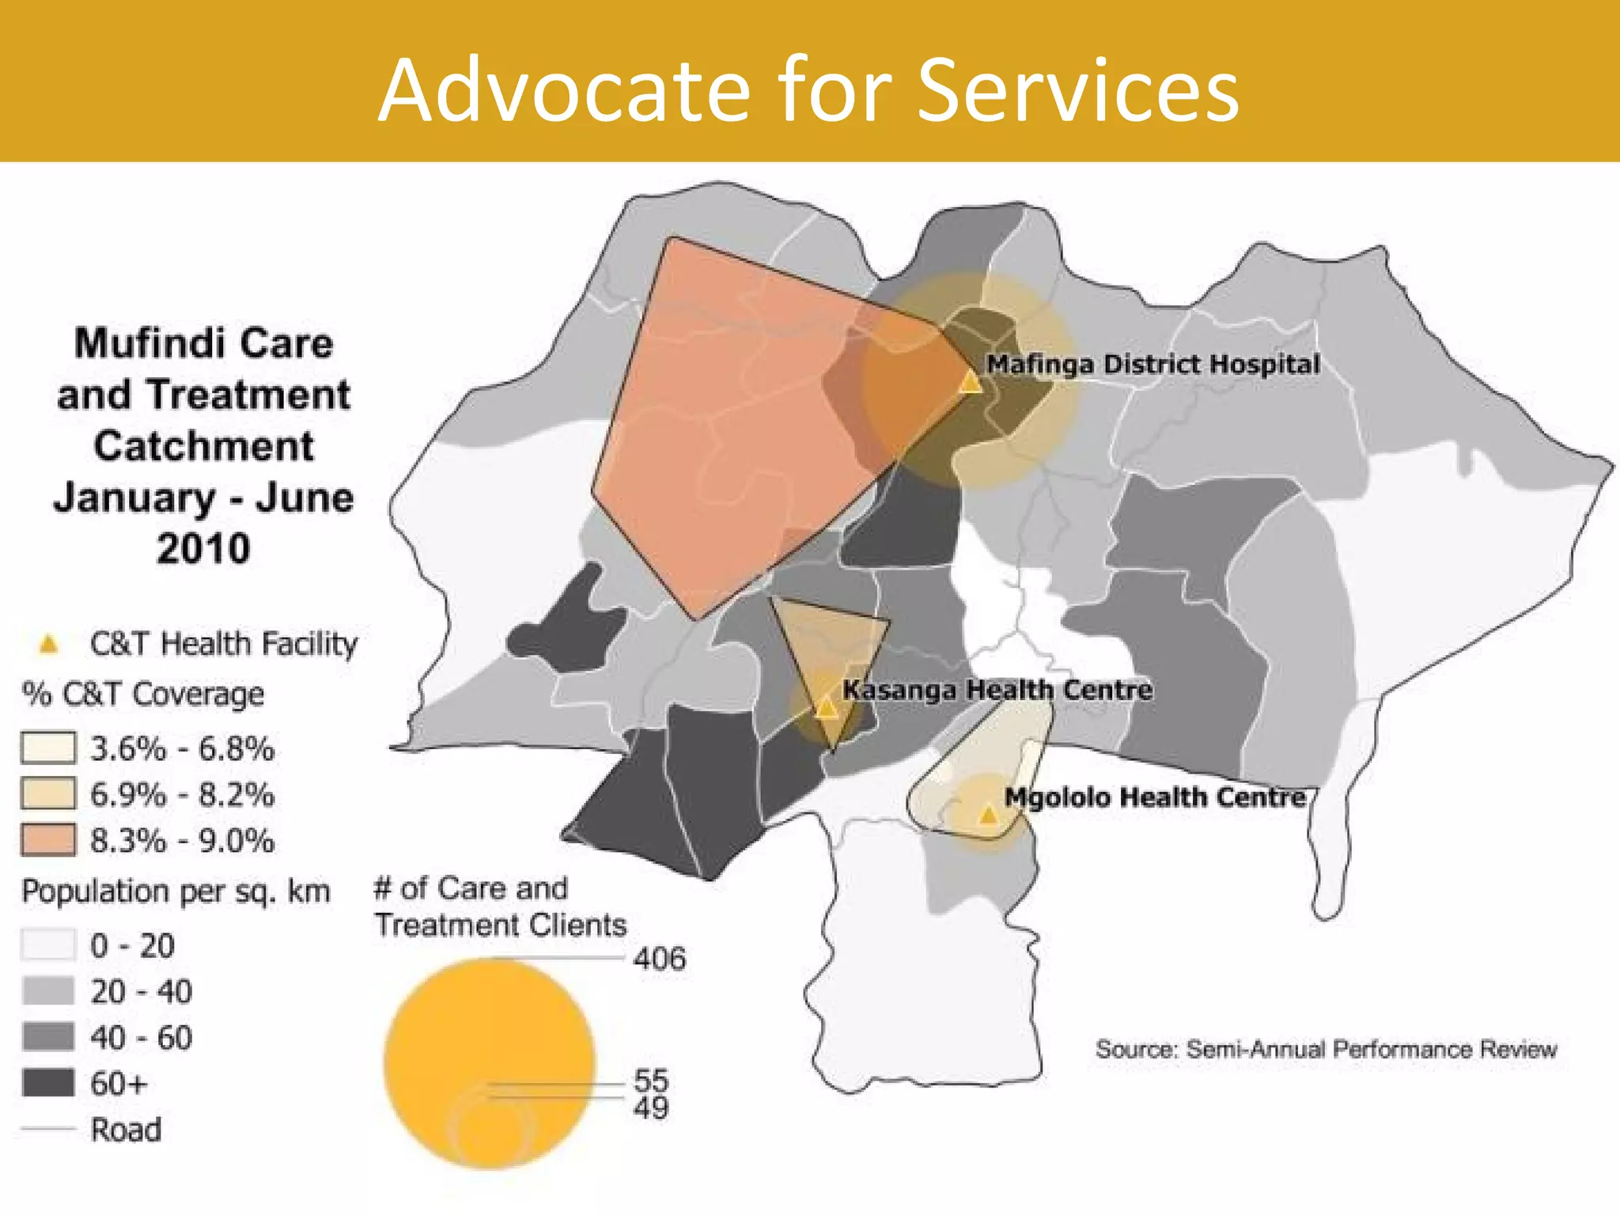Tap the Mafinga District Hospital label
pos(1153,365)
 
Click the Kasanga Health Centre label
pos(997,690)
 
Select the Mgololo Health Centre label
pos(1155,797)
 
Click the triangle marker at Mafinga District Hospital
pos(971,384)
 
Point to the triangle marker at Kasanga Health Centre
pos(827,706)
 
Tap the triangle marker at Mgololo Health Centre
pos(989,814)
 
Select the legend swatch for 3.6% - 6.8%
pos(48,748)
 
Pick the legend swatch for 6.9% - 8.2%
pos(48,793)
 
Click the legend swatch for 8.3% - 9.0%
pos(48,839)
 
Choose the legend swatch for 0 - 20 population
pos(48,944)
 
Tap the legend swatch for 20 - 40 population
pos(48,990)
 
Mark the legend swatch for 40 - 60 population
pos(48,1036)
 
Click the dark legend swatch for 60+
pos(48,1083)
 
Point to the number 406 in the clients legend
pos(659,959)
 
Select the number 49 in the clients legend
pos(651,1107)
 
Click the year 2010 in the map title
pos(203,548)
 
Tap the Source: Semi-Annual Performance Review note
pos(1326,1050)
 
